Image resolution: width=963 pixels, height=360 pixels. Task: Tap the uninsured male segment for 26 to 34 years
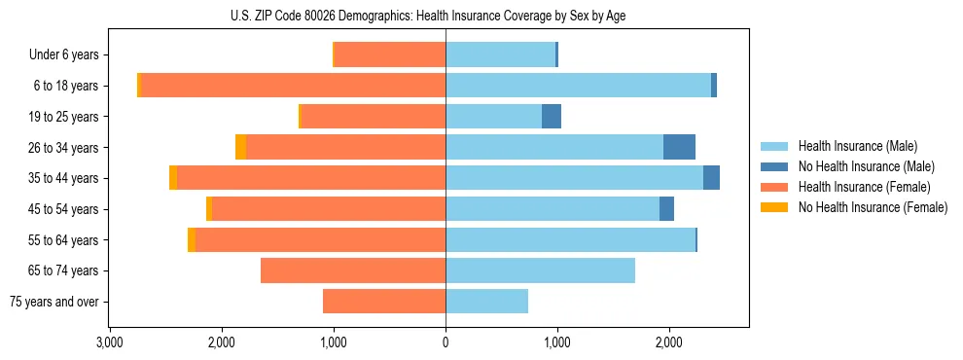(x=679, y=147)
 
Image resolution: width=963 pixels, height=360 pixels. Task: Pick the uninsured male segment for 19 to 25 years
(x=552, y=117)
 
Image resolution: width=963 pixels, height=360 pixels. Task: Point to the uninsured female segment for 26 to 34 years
(x=240, y=147)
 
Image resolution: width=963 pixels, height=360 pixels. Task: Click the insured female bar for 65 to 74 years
(x=353, y=270)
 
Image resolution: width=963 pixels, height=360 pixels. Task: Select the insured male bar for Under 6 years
(x=500, y=55)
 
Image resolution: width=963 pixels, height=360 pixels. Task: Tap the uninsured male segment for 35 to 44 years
(x=711, y=178)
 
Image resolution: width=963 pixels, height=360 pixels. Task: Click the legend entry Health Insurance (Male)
(x=857, y=146)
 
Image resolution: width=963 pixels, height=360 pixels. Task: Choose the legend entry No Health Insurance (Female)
(x=873, y=207)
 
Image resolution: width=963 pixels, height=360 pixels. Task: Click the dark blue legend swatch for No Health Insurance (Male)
(x=775, y=166)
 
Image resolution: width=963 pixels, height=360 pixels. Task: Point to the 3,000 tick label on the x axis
(x=109, y=342)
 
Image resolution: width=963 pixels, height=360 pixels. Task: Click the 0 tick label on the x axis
(x=446, y=342)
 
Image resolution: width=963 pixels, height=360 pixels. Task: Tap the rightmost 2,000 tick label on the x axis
(x=669, y=342)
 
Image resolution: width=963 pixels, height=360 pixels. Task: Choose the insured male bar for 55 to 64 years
(x=570, y=239)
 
